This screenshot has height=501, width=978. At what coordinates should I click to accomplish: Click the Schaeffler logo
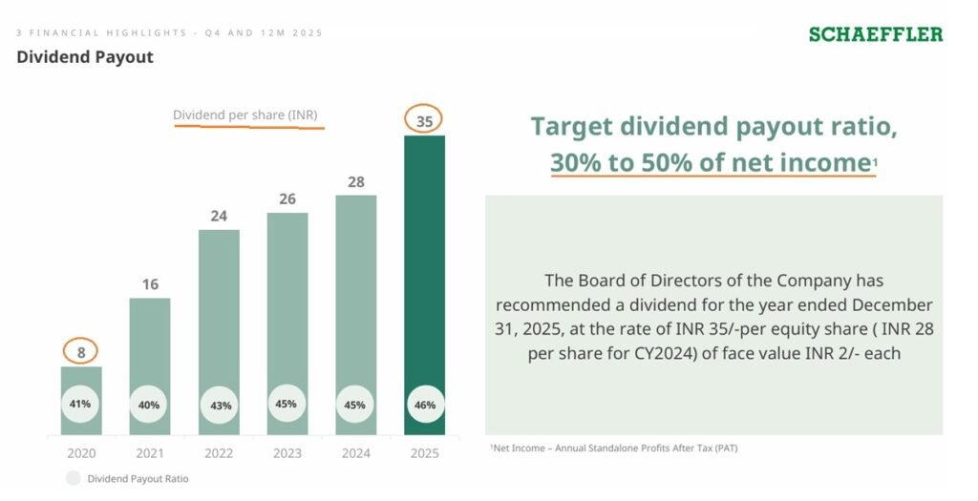pos(875,34)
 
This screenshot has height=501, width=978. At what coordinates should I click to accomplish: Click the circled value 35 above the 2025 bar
pos(424,120)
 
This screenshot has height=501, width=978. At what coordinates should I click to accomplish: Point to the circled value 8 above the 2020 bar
pos(81,352)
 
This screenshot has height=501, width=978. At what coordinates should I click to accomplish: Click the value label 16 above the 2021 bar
pos(150,284)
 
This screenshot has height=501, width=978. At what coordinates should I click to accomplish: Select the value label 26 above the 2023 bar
pos(287,198)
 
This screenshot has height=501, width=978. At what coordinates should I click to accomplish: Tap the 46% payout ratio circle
pos(425,405)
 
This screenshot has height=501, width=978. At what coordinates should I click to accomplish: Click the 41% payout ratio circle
pos(81,404)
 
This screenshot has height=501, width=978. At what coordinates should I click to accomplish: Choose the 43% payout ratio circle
pos(219,405)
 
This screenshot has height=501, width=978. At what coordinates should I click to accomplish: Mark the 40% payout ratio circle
pos(150,405)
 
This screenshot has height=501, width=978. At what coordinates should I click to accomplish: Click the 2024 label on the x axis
pos(356,451)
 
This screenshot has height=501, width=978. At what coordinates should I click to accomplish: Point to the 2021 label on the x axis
pos(150,451)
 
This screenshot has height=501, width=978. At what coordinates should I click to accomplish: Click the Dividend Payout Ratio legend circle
pos(74,478)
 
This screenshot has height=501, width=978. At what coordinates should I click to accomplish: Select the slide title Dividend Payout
pos(85,57)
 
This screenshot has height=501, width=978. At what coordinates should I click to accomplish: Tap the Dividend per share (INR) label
pos(244,115)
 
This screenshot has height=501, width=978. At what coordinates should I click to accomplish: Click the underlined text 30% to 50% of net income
pos(708,162)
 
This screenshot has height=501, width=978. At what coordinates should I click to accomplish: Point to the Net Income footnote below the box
pos(613,448)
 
